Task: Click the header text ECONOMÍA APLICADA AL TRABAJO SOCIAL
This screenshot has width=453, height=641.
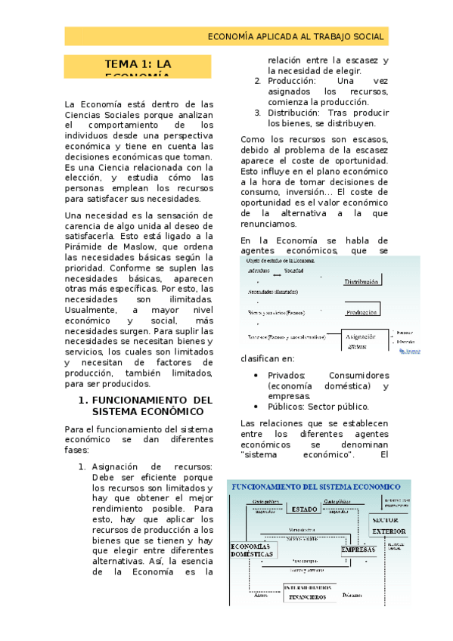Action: click(296, 36)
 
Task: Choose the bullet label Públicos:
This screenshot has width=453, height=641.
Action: click(286, 407)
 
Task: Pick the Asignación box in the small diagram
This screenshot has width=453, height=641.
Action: click(366, 338)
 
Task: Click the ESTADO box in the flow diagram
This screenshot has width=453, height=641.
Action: click(305, 509)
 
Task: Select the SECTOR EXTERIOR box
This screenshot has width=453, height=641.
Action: click(389, 525)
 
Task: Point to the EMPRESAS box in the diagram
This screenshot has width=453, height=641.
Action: click(358, 550)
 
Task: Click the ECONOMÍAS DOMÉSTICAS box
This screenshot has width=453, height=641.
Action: click(253, 550)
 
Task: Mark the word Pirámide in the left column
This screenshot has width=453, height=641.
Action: click(85, 246)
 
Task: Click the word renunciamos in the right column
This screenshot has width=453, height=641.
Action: click(268, 225)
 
